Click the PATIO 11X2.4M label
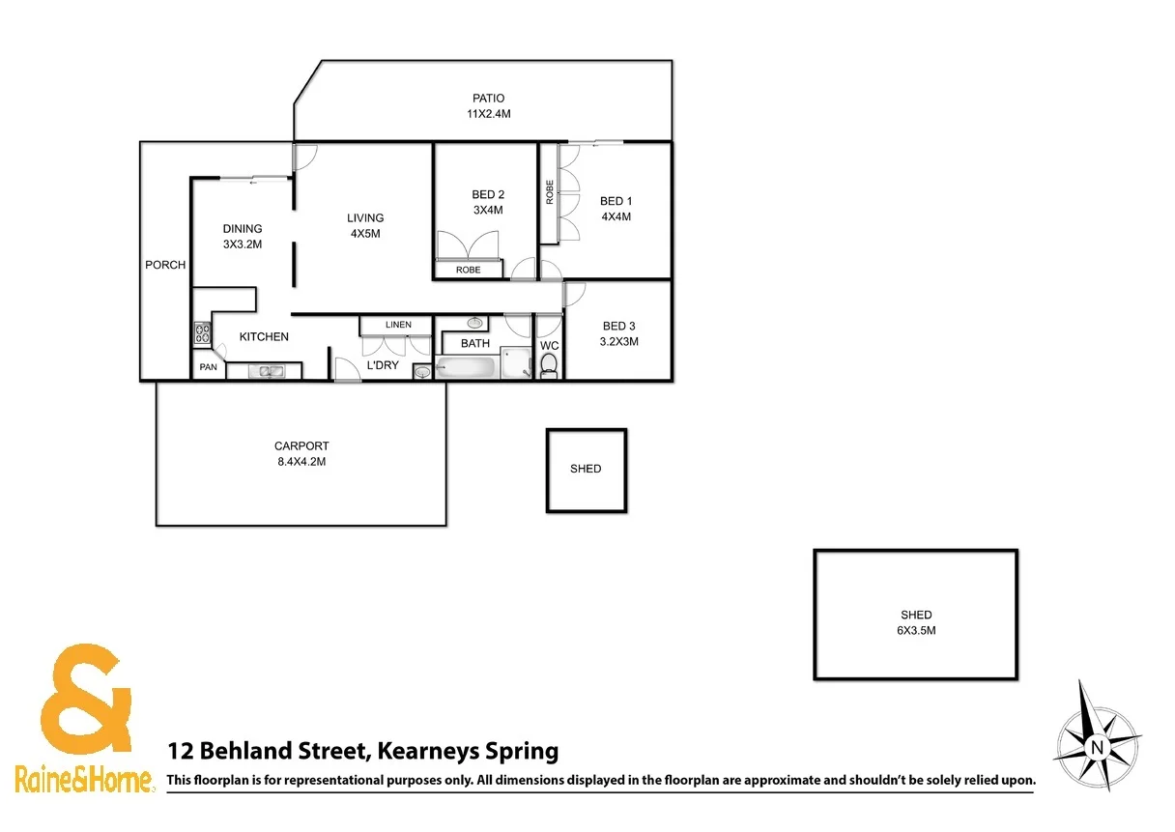[x=488, y=105]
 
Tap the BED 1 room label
[x=616, y=209]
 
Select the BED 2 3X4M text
[x=487, y=202]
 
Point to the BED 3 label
[x=619, y=333]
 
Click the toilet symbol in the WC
[x=549, y=365]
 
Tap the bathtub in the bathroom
[x=467, y=367]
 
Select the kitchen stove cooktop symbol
[x=202, y=334]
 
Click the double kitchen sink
[x=264, y=370]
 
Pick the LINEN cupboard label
[x=397, y=325]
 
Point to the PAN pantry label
[x=208, y=367]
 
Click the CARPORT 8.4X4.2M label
[x=301, y=453]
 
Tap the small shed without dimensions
[x=586, y=470]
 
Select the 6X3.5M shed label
[x=916, y=622]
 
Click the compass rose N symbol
[x=1097, y=747]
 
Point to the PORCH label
[x=165, y=265]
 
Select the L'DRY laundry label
[x=383, y=365]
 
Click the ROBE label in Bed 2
[x=469, y=271]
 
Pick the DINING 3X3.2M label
[x=242, y=237]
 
